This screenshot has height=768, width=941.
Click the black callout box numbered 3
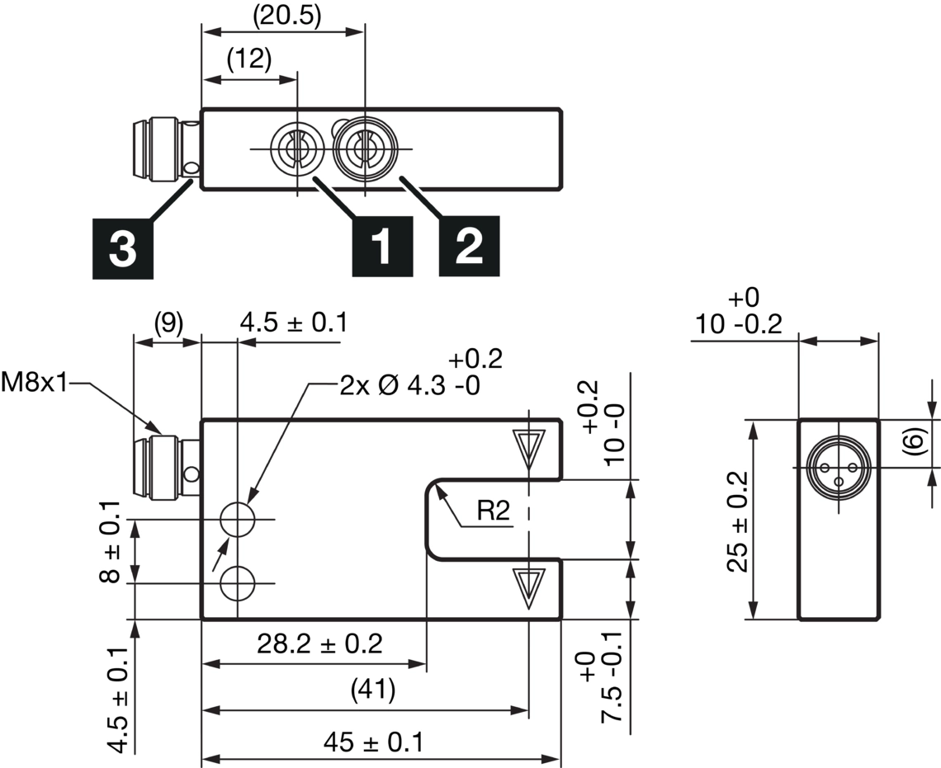[x=122, y=248]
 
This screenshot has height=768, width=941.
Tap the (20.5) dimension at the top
[x=286, y=14]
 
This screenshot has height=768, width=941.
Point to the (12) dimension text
[x=249, y=60]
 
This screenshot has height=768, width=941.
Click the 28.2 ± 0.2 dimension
[x=319, y=643]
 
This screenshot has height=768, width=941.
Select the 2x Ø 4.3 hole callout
[x=409, y=385]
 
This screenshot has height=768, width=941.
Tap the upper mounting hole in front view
[x=238, y=520]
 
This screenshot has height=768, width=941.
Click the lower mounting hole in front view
[x=238, y=583]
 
